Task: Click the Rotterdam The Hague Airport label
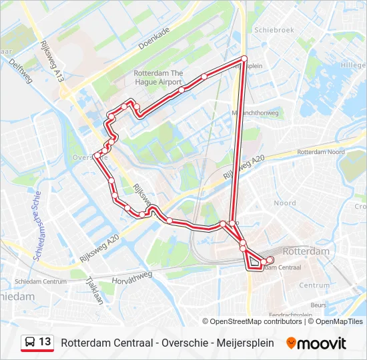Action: [x=158, y=77]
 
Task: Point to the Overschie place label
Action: [x=85, y=157]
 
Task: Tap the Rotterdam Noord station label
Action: [x=320, y=152]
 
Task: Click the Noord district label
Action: [x=285, y=203]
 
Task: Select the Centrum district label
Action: [x=314, y=285]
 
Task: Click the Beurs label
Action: [x=318, y=305]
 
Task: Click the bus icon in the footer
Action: [x=29, y=343]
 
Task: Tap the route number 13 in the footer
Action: [x=45, y=342]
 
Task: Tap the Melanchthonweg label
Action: [x=254, y=113]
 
